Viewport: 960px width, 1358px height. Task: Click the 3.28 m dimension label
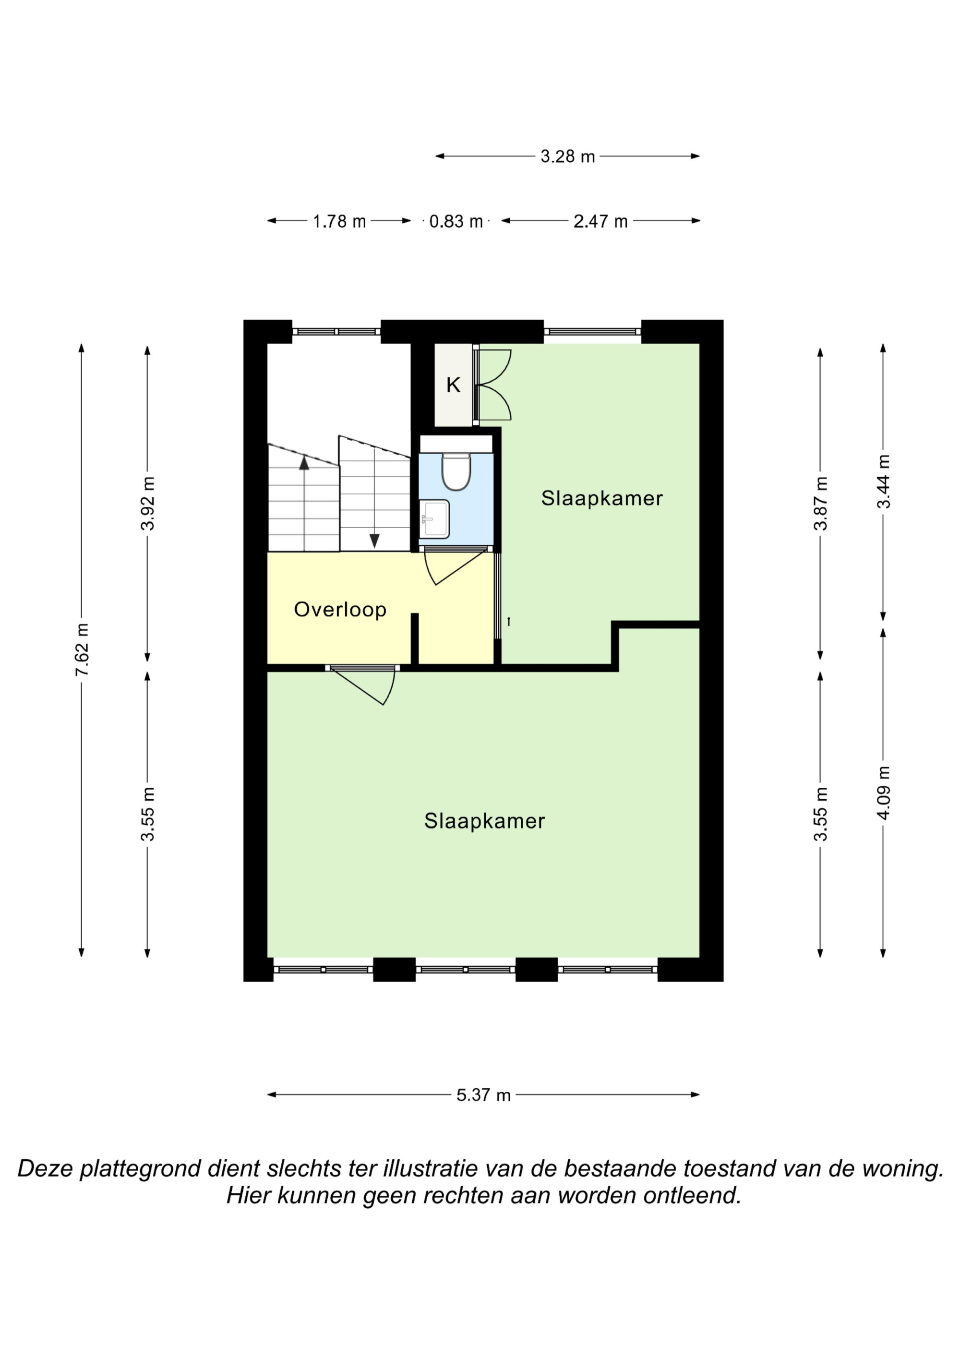point(567,157)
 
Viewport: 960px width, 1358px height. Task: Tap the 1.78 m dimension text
point(339,221)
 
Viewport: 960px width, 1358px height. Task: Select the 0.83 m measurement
point(456,221)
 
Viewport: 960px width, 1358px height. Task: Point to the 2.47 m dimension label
point(600,221)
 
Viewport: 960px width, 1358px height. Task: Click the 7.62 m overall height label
point(82,649)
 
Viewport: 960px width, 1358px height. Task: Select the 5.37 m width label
point(483,1095)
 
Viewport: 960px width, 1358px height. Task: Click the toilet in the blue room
point(456,471)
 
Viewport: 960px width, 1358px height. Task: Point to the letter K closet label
point(453,385)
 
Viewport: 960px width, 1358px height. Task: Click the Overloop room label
point(340,609)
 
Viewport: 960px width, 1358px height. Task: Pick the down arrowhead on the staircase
point(374,541)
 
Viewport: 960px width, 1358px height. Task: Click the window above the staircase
point(336,332)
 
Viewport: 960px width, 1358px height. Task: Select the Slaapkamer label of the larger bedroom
point(484,821)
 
